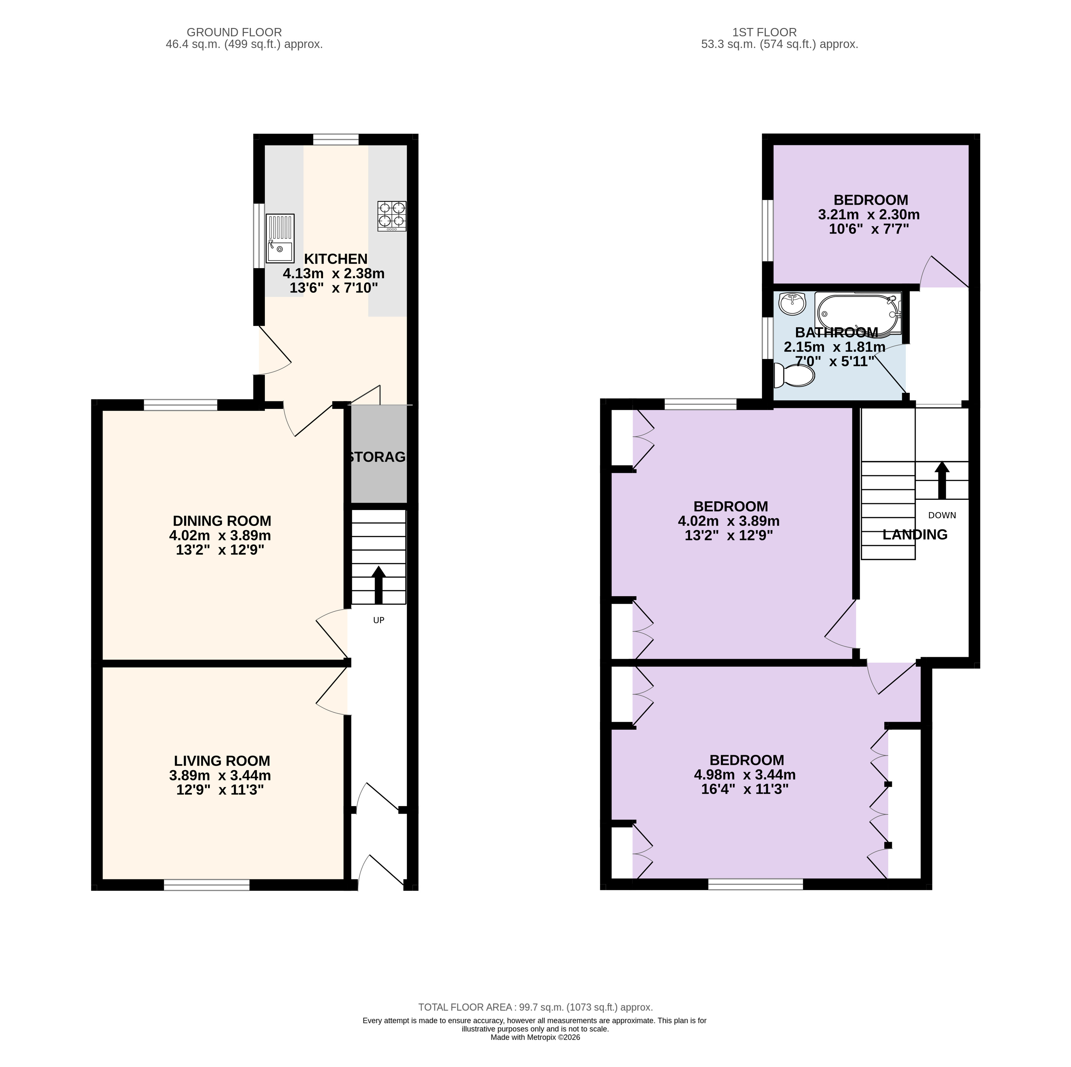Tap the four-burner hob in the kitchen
coord(392,216)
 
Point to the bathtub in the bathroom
coord(858,314)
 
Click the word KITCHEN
coord(336,259)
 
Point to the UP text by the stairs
coord(379,620)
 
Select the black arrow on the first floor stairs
coord(942,480)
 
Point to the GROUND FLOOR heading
coord(234,33)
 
